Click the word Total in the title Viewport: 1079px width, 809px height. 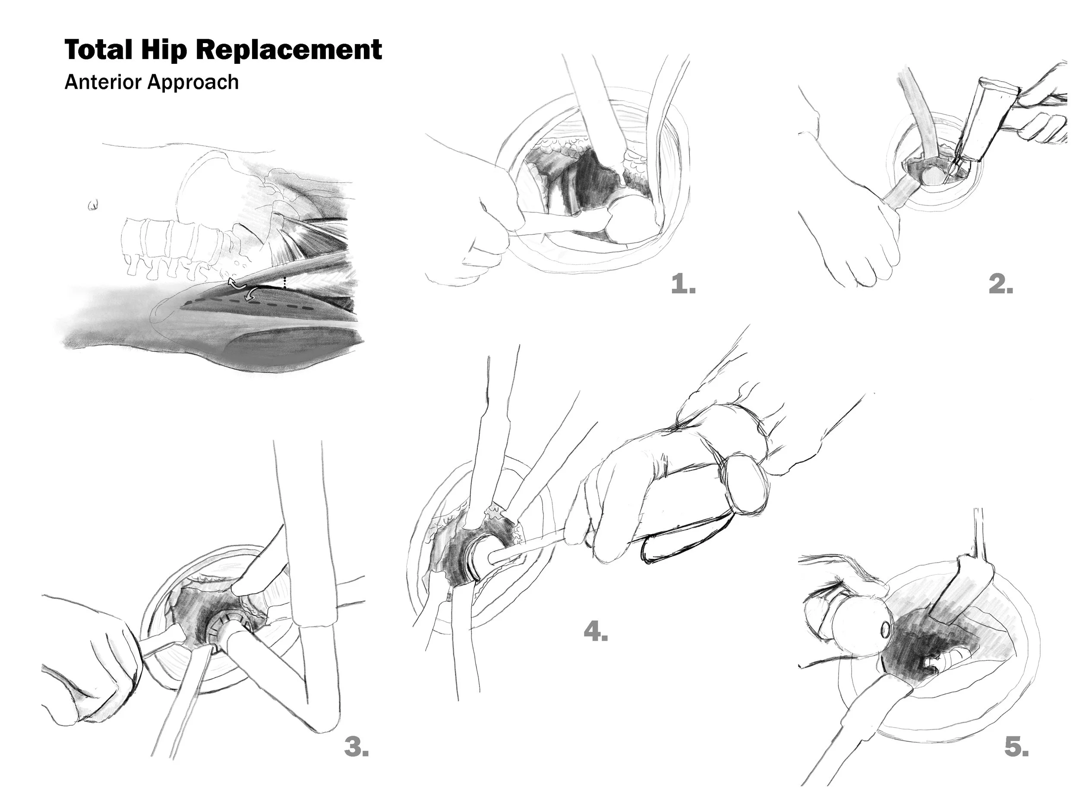click(98, 50)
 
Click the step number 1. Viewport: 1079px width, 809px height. click(683, 284)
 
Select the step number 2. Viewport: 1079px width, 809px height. click(1001, 284)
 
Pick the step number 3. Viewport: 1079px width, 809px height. click(356, 746)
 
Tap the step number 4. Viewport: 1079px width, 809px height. click(596, 632)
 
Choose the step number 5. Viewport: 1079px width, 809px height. click(1016, 746)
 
